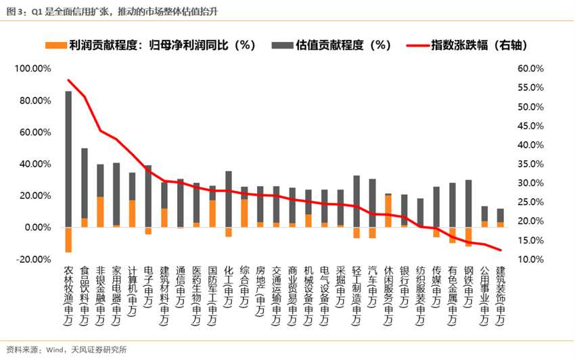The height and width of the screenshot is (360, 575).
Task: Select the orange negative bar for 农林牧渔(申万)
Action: click(68, 240)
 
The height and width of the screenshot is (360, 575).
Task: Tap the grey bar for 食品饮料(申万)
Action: click(85, 183)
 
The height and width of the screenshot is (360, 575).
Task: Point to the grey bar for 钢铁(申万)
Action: click(468, 203)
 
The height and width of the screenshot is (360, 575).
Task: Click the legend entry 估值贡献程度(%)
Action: click(342, 45)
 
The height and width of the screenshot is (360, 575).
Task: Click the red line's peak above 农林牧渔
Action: click(68, 80)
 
